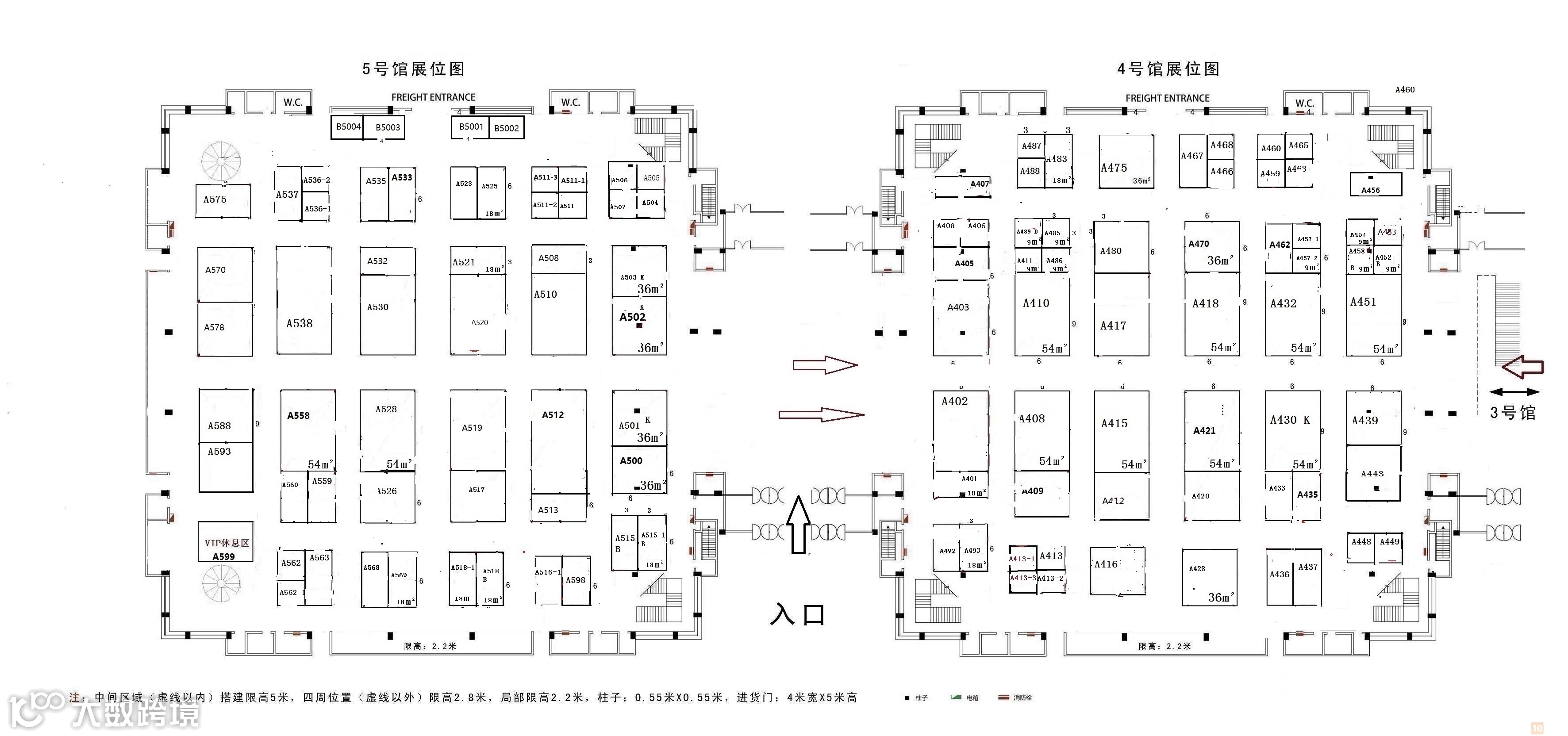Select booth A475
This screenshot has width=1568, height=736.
point(1126,161)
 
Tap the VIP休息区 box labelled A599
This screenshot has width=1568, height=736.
point(225,542)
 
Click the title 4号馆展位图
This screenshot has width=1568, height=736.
point(1168,69)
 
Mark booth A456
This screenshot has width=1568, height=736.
point(1376,184)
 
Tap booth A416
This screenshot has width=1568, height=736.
point(1117,571)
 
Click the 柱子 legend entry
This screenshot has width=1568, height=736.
point(917,698)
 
